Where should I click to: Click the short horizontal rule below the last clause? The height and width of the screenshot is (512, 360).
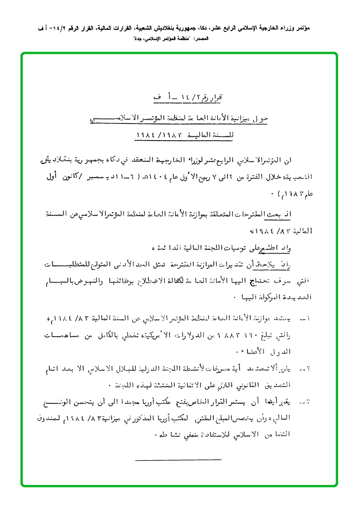click(178, 459)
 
